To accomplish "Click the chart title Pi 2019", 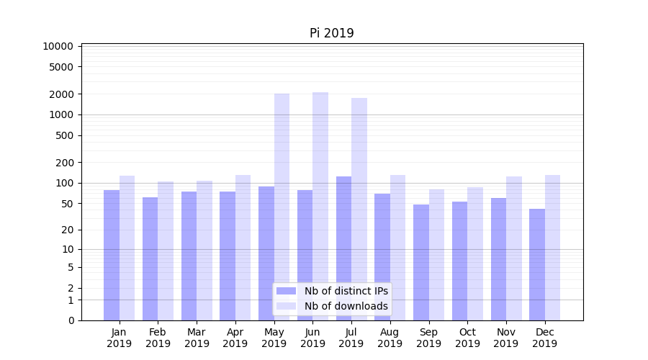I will pos(332,33).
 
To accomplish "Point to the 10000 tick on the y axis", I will pos(58,46).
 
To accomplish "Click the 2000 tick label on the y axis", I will pos(61,94).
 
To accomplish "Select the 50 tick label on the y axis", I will pos(66,204).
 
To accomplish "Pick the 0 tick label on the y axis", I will pos(71,320).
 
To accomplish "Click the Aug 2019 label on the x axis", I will pos(390,338).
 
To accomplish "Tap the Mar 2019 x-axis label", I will pos(197,338).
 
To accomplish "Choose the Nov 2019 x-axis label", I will pos(506,338).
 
